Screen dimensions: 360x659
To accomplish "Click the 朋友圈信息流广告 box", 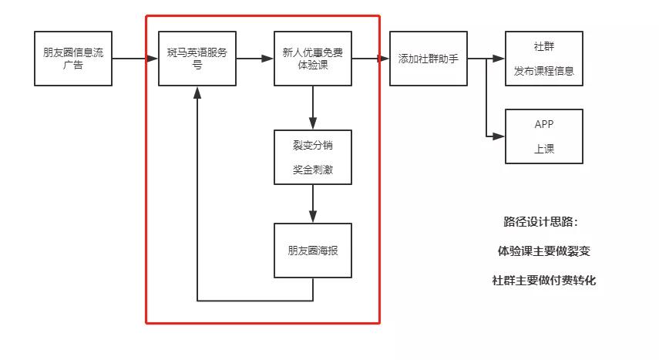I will [x=73, y=59].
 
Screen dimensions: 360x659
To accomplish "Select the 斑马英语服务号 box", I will [x=197, y=59].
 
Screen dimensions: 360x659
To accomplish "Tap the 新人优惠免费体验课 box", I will [x=312, y=59].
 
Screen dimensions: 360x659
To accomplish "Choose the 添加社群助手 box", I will [x=428, y=59].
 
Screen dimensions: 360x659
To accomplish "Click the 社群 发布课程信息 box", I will [x=543, y=59].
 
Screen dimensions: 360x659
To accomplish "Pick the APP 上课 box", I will [x=543, y=136].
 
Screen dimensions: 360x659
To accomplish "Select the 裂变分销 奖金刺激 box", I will [x=312, y=157].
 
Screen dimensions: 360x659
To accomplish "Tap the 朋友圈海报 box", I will [x=312, y=251].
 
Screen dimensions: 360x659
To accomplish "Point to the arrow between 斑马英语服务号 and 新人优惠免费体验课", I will [x=254, y=59].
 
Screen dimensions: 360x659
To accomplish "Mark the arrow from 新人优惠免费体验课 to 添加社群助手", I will [x=370, y=59].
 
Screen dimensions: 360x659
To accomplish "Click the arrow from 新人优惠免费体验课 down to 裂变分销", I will [x=312, y=107].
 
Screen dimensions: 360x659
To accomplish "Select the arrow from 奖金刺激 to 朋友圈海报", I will [x=312, y=204].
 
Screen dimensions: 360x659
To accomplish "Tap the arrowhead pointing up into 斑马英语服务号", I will [x=197, y=92].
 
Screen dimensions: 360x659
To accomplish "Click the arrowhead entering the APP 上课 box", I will [x=499, y=136].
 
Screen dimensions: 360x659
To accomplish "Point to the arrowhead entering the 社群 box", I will [x=499, y=59].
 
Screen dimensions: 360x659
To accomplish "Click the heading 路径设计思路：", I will [x=540, y=222].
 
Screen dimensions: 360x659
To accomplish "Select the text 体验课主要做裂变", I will [x=544, y=251].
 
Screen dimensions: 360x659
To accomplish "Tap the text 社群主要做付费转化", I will [x=544, y=281].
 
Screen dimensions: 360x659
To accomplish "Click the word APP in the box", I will [x=543, y=124].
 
